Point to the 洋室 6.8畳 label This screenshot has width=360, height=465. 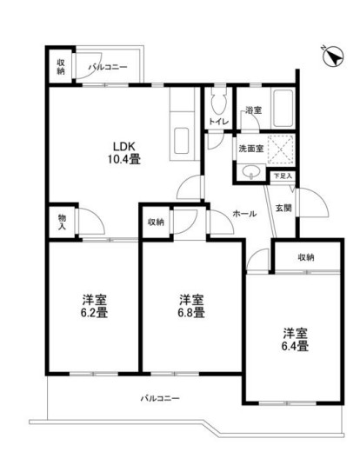click(186, 306)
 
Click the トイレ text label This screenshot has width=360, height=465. click(217, 122)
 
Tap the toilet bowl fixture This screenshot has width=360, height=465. click(219, 96)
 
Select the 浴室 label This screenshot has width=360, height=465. click(253, 111)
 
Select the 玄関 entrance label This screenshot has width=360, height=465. click(283, 207)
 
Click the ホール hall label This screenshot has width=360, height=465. click(243, 213)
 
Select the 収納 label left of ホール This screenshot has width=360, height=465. click(156, 222)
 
